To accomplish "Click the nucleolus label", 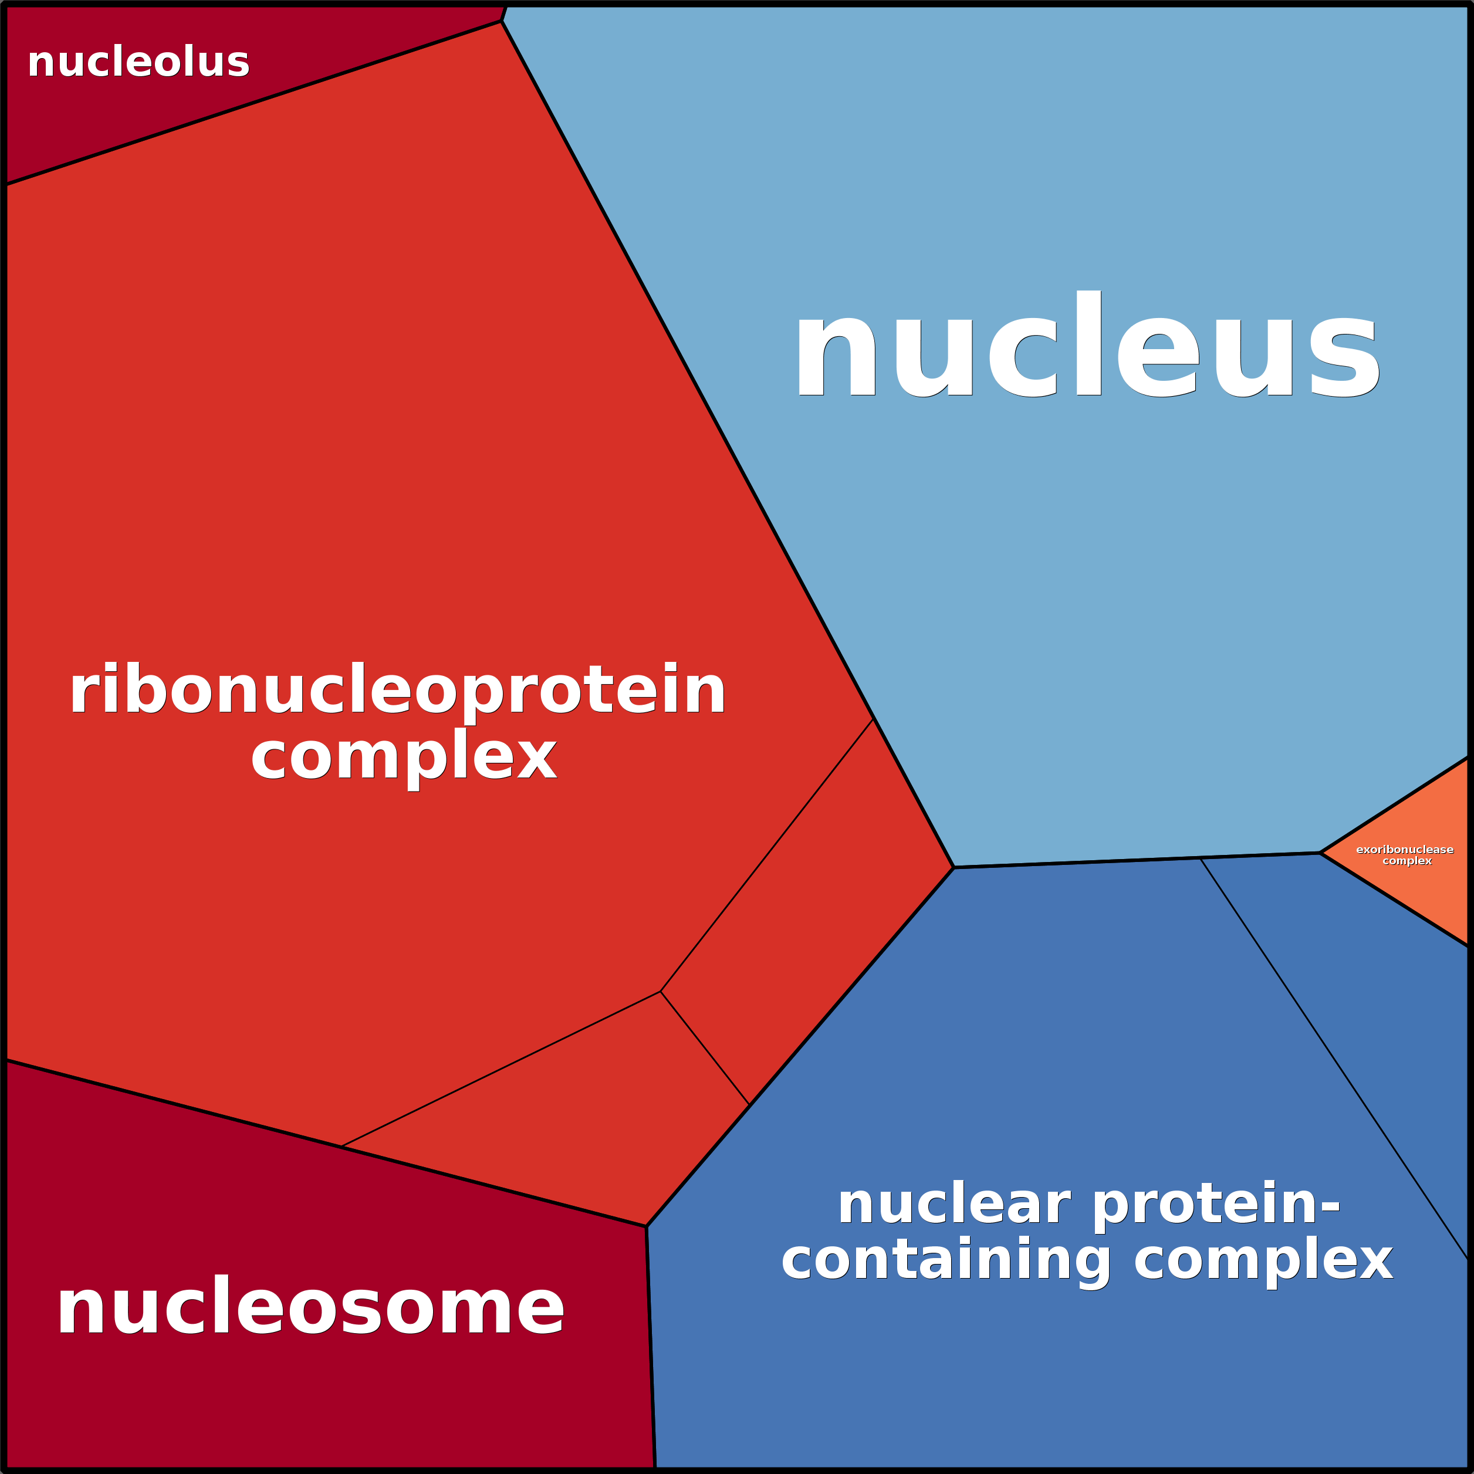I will (x=138, y=63).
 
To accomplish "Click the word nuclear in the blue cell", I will (x=954, y=1205).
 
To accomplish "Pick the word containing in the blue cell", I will (x=946, y=1260).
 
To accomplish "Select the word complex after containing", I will (x=1263, y=1260).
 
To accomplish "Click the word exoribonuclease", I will (x=1405, y=849).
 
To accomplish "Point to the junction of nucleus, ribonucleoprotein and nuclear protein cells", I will (x=954, y=867).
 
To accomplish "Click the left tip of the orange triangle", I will (x=1321, y=853).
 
